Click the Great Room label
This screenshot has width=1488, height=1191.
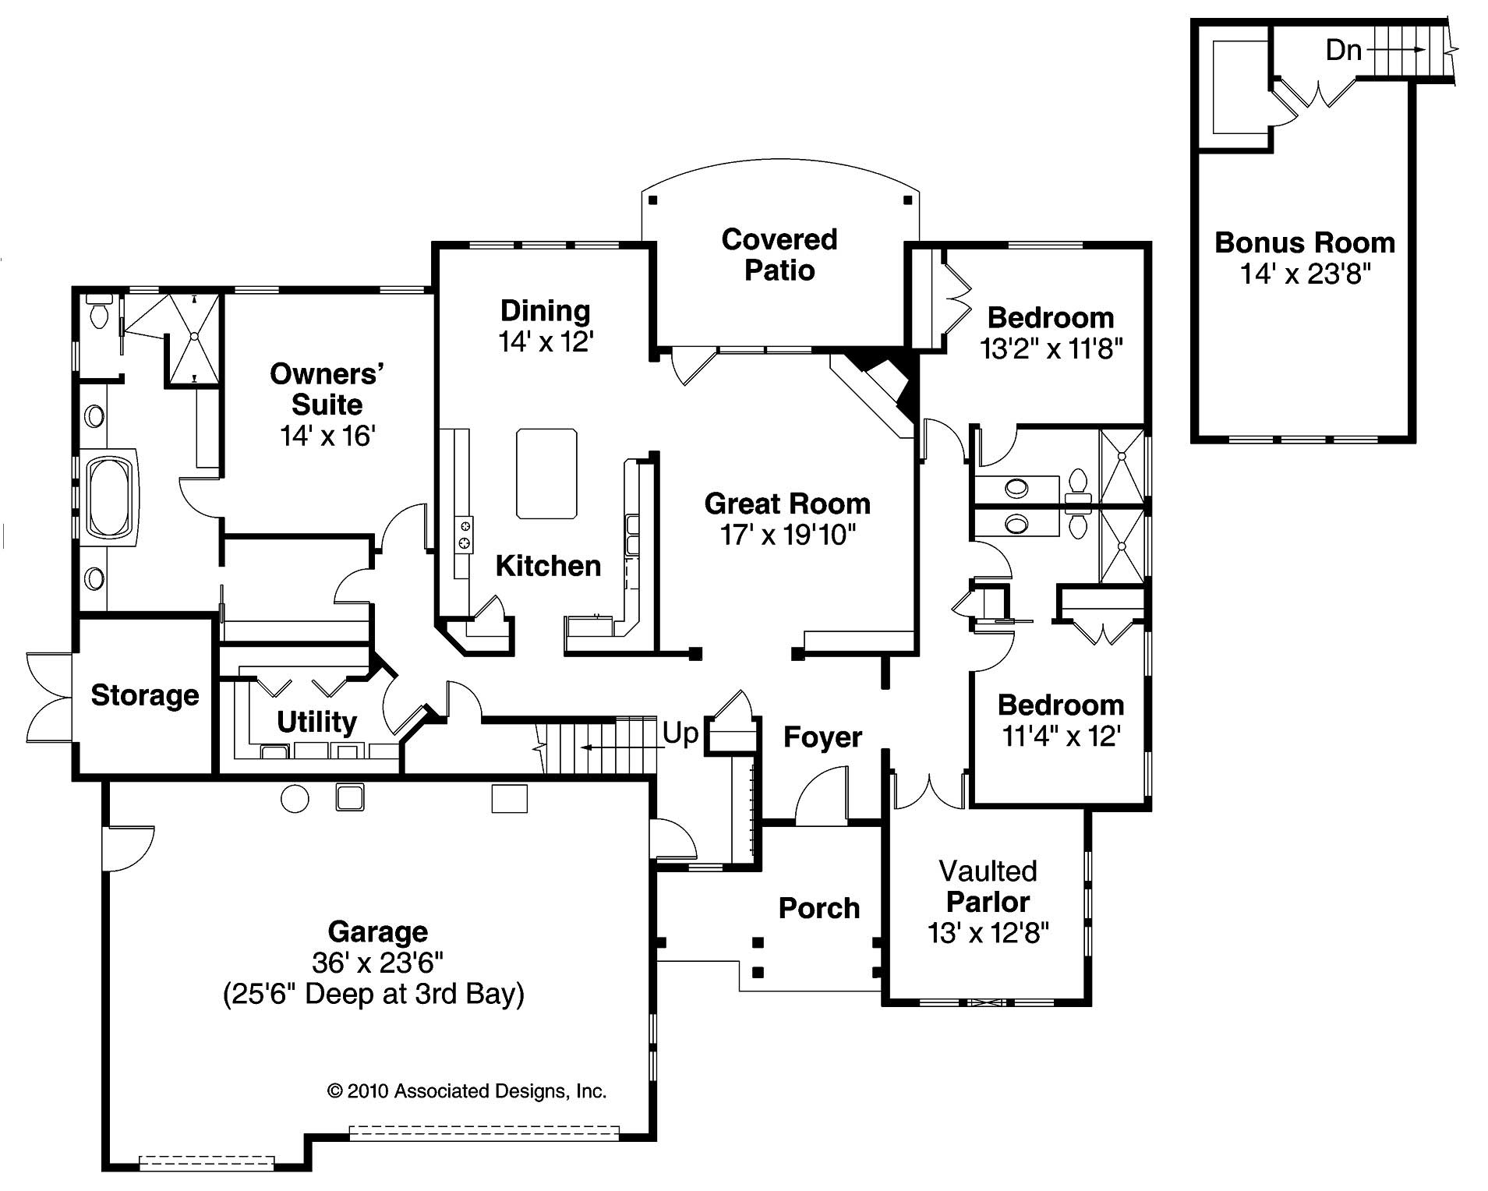[x=787, y=504]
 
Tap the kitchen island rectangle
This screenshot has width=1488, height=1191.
[x=546, y=473]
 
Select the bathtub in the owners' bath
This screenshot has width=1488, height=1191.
[x=111, y=497]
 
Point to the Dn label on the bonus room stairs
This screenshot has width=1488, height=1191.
[x=1343, y=51]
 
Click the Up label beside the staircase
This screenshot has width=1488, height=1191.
[x=680, y=733]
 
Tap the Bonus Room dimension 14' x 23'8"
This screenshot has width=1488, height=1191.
[x=1305, y=274]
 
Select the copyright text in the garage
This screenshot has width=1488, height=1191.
[x=466, y=1091]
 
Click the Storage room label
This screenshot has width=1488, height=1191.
[x=145, y=695]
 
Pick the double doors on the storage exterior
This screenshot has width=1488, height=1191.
[x=48, y=697]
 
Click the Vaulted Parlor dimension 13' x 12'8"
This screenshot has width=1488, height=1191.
[x=988, y=933]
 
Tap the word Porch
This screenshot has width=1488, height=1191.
[x=818, y=908]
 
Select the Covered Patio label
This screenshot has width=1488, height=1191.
[x=779, y=255]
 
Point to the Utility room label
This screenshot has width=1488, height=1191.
[x=316, y=722]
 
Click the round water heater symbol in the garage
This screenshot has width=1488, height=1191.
[x=295, y=799]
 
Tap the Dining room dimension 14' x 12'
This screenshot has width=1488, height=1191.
[x=546, y=341]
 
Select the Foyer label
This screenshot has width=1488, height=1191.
[x=822, y=737]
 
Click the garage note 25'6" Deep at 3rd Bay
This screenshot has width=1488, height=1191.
[x=373, y=995]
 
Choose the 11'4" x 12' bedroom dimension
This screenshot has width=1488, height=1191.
[x=1061, y=736]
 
